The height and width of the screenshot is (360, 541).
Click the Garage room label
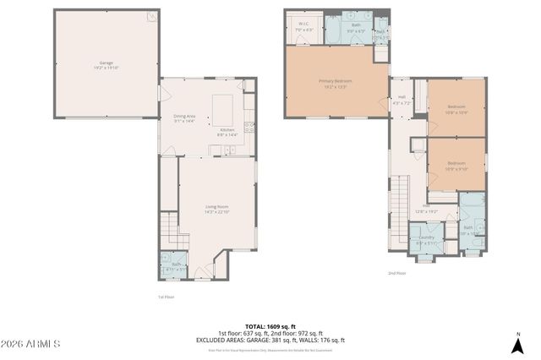click(x=107, y=63)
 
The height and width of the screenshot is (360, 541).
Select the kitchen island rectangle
click(x=222, y=110)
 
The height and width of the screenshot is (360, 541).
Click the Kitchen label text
click(x=227, y=130)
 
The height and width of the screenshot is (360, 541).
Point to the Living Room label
click(x=217, y=207)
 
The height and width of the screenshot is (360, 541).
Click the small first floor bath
click(x=175, y=265)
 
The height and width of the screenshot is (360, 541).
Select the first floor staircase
click(x=170, y=228)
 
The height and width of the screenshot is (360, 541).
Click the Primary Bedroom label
click(x=336, y=82)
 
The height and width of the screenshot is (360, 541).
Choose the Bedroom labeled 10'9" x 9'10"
click(x=456, y=164)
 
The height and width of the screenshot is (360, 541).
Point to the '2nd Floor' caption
click(x=397, y=273)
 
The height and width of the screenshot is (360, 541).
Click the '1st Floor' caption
click(x=166, y=297)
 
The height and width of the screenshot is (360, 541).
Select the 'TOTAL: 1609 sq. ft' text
click(x=270, y=325)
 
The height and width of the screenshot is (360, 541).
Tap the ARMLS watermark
click(x=31, y=345)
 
